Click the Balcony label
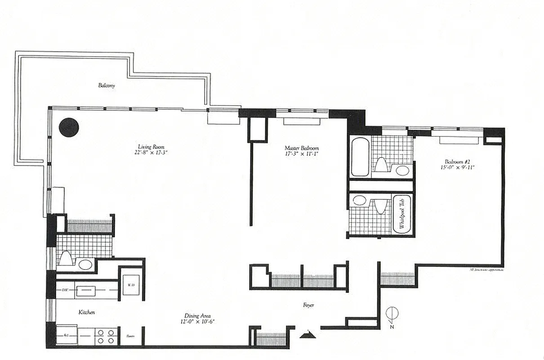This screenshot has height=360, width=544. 107,85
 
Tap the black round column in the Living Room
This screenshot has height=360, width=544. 69,127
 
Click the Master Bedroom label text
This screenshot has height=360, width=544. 302,148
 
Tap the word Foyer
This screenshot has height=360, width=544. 308,306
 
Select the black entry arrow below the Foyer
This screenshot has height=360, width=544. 308,333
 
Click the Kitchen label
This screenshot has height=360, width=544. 86,312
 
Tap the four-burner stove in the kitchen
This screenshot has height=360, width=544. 105,336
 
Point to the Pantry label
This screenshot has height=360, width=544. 131,336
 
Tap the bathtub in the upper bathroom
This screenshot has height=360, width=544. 360,157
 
